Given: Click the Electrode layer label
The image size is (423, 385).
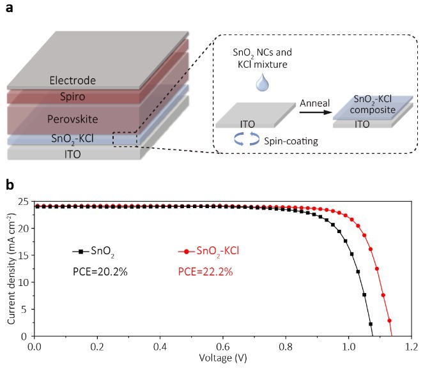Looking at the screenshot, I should point(73,80).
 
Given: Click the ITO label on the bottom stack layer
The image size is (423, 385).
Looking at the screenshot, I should point(73,154).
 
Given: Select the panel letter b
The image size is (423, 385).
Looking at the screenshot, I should point(9,185).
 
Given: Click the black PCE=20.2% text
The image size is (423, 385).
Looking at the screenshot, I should point(100,272).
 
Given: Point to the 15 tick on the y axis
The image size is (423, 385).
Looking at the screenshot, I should point(23,255).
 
